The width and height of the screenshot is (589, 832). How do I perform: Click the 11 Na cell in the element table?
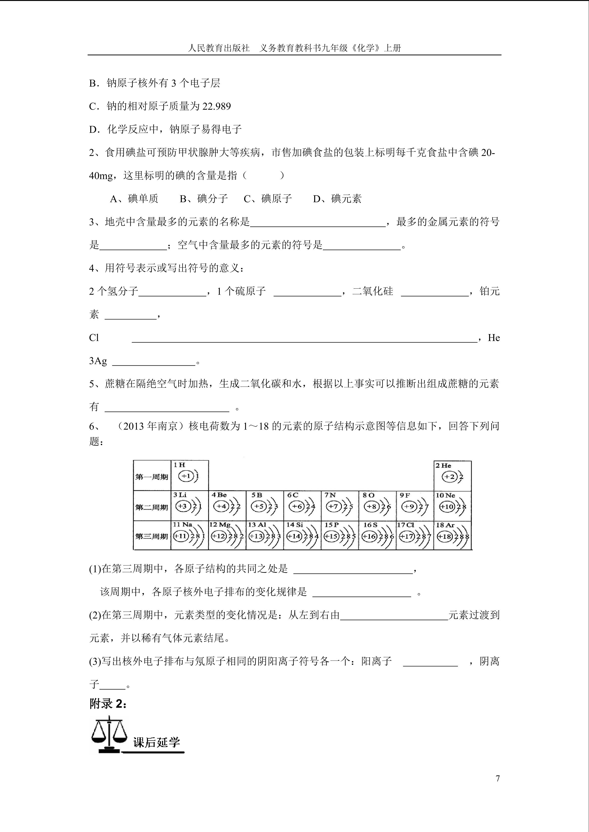[189, 535]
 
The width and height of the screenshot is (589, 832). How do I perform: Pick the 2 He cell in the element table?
[452, 475]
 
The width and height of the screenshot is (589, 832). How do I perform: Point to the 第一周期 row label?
[152, 476]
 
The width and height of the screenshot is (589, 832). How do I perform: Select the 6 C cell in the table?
[302, 506]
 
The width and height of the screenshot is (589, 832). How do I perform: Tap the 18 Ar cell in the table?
[452, 535]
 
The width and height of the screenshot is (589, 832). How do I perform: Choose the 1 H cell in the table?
[189, 475]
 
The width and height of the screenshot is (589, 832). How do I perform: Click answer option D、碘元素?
[337, 199]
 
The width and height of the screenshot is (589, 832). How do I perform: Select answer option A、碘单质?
[134, 199]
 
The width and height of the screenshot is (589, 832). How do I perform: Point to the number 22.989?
[216, 106]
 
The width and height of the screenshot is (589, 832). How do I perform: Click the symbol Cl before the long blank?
[94, 338]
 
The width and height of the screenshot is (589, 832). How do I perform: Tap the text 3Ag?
[98, 361]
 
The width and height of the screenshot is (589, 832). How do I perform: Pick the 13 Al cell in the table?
[264, 535]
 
